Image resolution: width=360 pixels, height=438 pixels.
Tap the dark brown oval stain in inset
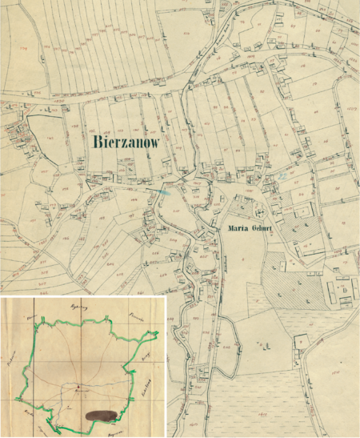pyautogui.click(x=102, y=415)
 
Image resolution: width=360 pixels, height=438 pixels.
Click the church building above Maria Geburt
pyautogui.click(x=260, y=211)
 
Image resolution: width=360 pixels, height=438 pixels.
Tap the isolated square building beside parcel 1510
pyautogui.click(x=301, y=339)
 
